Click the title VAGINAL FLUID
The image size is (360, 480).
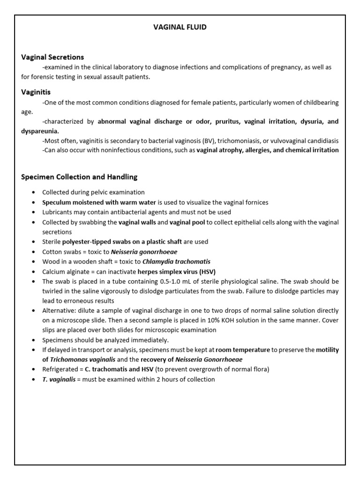click(180, 27)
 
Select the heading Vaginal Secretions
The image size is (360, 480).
click(52, 57)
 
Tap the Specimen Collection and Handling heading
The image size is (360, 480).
click(79, 177)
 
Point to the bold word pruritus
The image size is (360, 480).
click(227, 121)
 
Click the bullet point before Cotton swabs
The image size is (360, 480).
click(33, 252)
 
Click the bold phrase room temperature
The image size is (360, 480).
click(243, 350)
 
